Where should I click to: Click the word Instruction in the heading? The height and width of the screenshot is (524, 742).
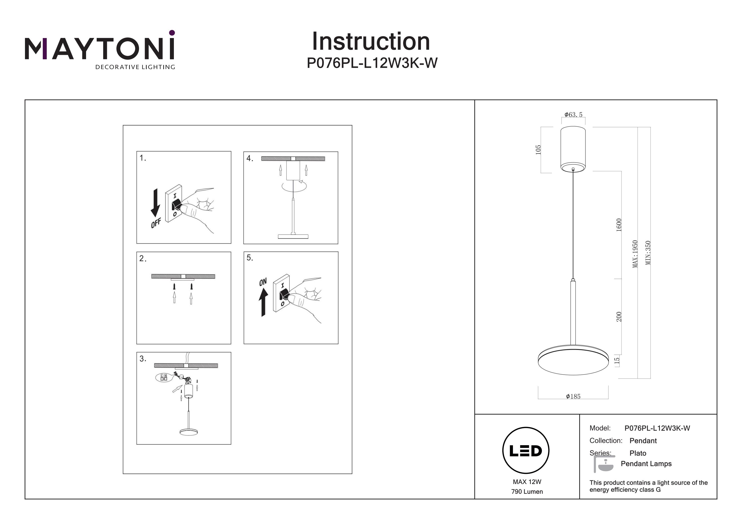(x=371, y=42)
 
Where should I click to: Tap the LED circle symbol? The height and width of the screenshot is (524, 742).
(x=526, y=451)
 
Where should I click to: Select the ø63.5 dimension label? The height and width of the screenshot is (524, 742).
(x=573, y=115)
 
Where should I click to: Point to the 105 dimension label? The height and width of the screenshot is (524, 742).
(x=538, y=150)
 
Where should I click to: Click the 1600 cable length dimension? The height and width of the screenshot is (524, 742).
(x=619, y=225)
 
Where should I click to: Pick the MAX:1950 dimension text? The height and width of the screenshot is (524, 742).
(x=635, y=254)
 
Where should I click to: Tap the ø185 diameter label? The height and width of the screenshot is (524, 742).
(x=573, y=397)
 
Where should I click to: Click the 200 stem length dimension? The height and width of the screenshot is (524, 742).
(x=619, y=317)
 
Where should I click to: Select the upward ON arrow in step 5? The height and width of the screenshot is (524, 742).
(x=263, y=302)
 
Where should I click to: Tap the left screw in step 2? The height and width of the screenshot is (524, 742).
(x=174, y=286)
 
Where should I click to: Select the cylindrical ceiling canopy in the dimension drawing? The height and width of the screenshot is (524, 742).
(x=573, y=148)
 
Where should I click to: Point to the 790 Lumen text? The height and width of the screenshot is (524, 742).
(x=527, y=492)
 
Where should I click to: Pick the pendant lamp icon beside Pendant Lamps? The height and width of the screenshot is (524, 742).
(x=604, y=464)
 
